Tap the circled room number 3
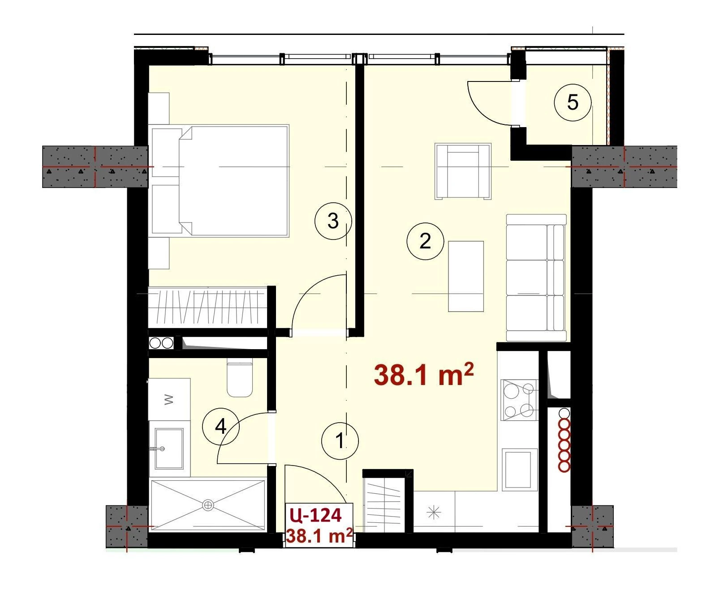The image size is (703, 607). point(332,221)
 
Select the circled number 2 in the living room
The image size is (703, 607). point(425,241)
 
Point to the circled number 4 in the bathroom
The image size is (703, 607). point(221,427)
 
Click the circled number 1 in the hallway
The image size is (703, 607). point(340,441)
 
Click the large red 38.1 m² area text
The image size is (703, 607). point(423,375)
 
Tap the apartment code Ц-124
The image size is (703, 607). point(315,515)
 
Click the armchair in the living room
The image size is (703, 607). point(463,171)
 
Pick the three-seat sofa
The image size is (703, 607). point(536,278)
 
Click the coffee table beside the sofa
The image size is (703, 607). point(466,276)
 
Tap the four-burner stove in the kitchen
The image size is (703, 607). point(519,400)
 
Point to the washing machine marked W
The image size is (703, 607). point(169,399)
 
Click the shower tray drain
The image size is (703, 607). point(207,505)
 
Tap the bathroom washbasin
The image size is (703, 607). point(169,448)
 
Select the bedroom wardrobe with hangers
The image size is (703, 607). point(208,307)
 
